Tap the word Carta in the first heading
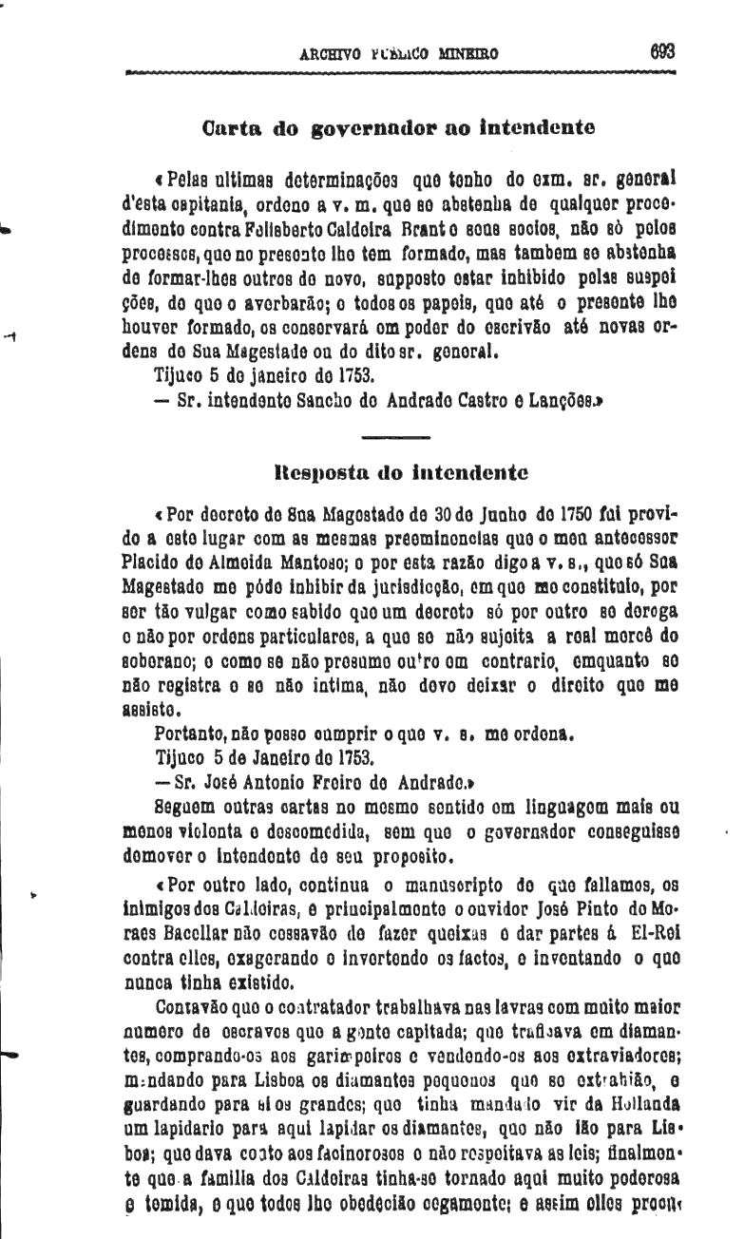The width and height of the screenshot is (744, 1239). [234, 125]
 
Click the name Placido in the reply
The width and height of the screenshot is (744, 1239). [152, 562]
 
